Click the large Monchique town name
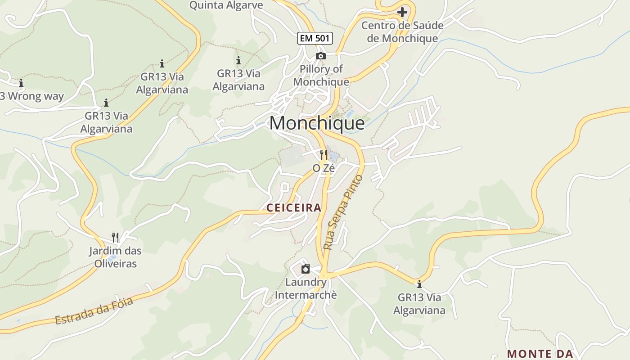tap(317, 123)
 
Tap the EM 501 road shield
tap(315, 38)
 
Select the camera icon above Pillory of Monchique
tap(321, 56)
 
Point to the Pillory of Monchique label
tap(321, 75)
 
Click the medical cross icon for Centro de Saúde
tap(402, 12)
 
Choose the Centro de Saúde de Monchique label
tap(402, 31)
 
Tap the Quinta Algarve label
tap(226, 5)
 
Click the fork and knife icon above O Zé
tap(324, 155)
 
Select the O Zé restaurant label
tap(324, 168)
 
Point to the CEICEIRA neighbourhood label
tap(294, 207)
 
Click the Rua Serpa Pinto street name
tap(343, 212)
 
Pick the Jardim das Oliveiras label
tap(116, 257)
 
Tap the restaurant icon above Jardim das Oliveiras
tap(116, 237)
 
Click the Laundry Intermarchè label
tap(306, 288)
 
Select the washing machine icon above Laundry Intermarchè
tap(306, 269)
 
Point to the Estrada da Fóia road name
tap(94, 310)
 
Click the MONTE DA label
tap(540, 354)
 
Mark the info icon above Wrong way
tap(21, 83)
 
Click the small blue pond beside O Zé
tap(333, 156)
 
